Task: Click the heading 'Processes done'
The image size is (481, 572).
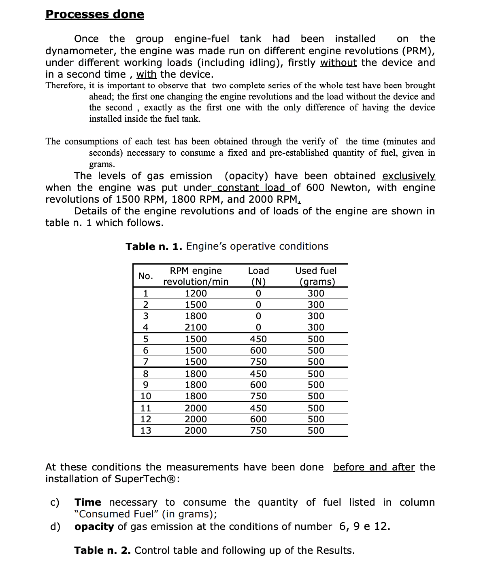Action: click(95, 14)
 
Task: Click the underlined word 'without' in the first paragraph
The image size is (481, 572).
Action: click(338, 63)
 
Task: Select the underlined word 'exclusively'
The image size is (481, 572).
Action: click(409, 176)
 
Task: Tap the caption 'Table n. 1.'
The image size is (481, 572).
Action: click(154, 246)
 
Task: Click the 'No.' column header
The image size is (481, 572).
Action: click(146, 276)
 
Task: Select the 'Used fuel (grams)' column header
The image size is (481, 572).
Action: click(316, 276)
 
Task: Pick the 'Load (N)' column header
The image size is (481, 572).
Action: click(258, 276)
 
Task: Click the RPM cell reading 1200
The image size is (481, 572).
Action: click(196, 293)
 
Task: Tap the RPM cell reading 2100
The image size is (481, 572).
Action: click(196, 327)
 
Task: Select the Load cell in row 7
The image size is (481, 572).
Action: click(258, 362)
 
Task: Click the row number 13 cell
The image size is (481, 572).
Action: click(146, 430)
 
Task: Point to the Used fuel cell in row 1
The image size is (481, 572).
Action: click(316, 293)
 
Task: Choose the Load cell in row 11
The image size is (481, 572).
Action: click(258, 408)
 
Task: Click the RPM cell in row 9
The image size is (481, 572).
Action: click(196, 385)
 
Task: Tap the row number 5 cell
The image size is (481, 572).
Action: click(146, 339)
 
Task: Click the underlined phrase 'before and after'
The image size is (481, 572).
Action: click(374, 467)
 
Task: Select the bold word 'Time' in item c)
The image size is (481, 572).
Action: click(88, 502)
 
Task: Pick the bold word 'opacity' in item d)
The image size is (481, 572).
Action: click(94, 527)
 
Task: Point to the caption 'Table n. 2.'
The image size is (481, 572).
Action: click(102, 551)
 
